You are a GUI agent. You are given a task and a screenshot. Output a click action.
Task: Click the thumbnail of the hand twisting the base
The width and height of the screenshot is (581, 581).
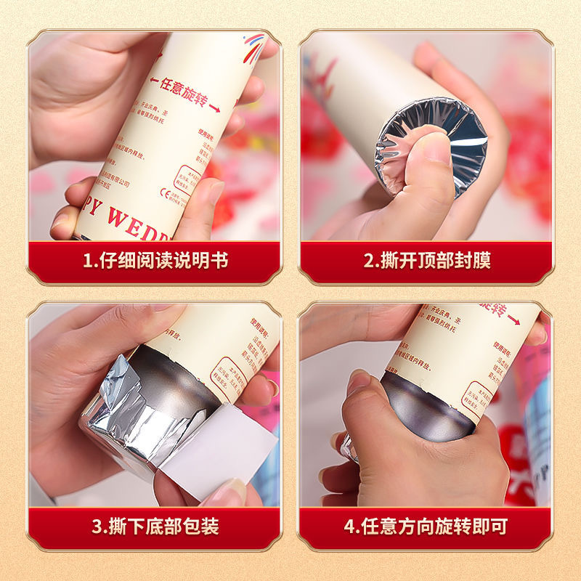click(x=358, y=382)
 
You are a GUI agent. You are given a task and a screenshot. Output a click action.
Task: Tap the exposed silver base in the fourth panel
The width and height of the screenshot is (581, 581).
click(x=428, y=407)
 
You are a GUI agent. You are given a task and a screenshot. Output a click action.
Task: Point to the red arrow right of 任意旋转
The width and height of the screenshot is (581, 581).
click(x=214, y=107)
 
